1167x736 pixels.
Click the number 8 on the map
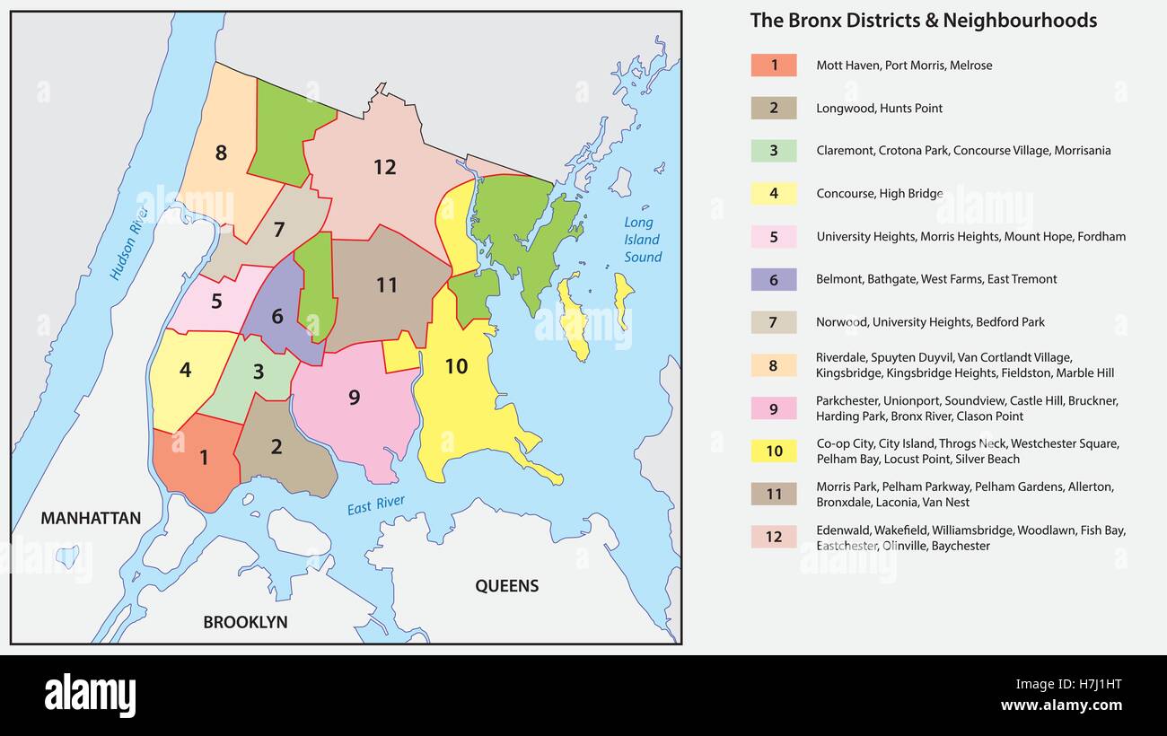pyautogui.click(x=221, y=153)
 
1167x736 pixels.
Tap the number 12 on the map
pyautogui.click(x=384, y=167)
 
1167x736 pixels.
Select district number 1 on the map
pyautogui.click(x=204, y=458)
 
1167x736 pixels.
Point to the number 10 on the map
pyautogui.click(x=456, y=366)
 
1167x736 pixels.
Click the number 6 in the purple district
pyautogui.click(x=276, y=316)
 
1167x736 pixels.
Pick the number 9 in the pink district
pyautogui.click(x=354, y=397)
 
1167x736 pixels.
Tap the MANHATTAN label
pyautogui.click(x=91, y=518)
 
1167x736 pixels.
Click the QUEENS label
pyautogui.click(x=506, y=586)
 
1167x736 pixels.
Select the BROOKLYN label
pyautogui.click(x=245, y=622)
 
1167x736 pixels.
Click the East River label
pyautogui.click(x=375, y=506)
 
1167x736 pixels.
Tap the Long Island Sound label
pyautogui.click(x=642, y=240)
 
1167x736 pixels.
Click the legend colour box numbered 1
pyautogui.click(x=773, y=66)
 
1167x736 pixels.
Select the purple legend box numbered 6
pyautogui.click(x=773, y=279)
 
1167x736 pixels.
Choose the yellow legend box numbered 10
pyautogui.click(x=773, y=451)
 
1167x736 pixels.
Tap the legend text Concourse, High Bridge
pyautogui.click(x=879, y=194)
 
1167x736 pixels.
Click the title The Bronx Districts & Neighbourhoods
pyautogui.click(x=923, y=21)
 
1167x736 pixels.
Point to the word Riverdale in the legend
pyautogui.click(x=842, y=357)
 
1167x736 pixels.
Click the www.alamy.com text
pyautogui.click(x=1062, y=705)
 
